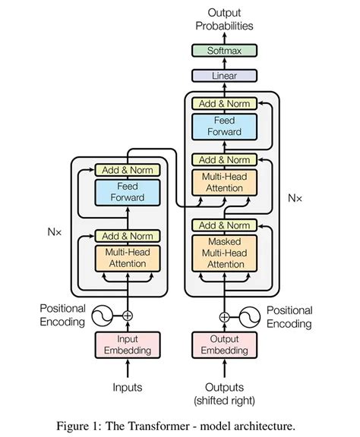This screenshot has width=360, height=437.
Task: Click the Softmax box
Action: click(224, 52)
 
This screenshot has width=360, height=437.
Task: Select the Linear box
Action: click(224, 75)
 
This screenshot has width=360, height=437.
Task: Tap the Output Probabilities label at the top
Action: click(224, 20)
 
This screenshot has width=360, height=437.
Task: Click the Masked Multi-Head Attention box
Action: click(224, 253)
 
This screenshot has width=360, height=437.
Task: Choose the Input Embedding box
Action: click(127, 344)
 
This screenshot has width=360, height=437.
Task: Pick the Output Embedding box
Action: click(224, 344)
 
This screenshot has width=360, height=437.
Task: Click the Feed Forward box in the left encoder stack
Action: click(127, 191)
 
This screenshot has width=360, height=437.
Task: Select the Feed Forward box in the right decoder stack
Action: click(224, 126)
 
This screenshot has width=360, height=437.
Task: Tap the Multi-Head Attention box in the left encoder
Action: click(127, 258)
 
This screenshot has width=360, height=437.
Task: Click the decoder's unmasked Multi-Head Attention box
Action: click(224, 182)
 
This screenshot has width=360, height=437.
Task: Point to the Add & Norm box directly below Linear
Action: click(224, 104)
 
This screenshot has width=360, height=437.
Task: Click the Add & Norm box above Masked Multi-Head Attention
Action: click(224, 225)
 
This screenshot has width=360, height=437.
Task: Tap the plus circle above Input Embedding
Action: click(127, 316)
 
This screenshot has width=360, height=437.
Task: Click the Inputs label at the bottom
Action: click(127, 388)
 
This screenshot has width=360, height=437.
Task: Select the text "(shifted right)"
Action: click(224, 400)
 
